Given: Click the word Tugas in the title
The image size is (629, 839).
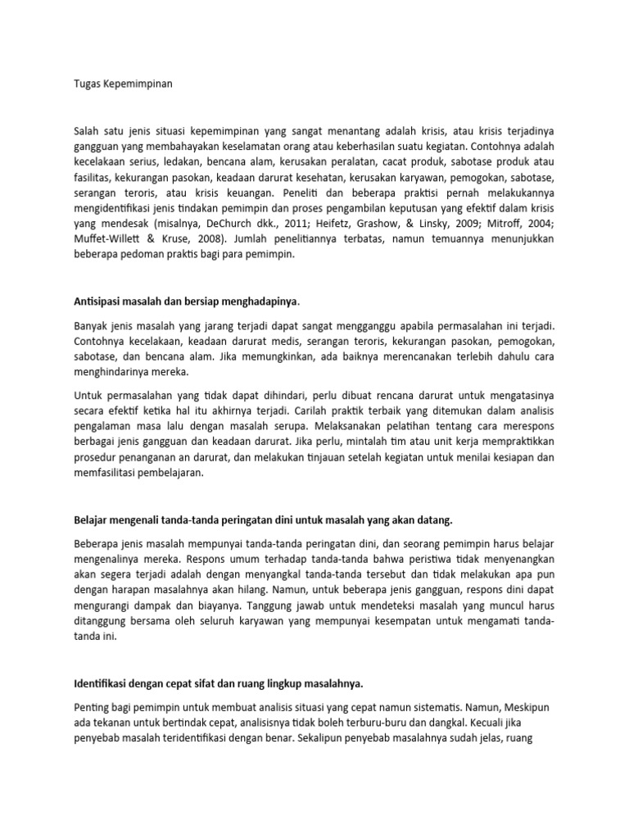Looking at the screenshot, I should (x=88, y=84).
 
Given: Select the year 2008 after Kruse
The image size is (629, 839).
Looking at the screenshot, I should (x=198, y=240).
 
